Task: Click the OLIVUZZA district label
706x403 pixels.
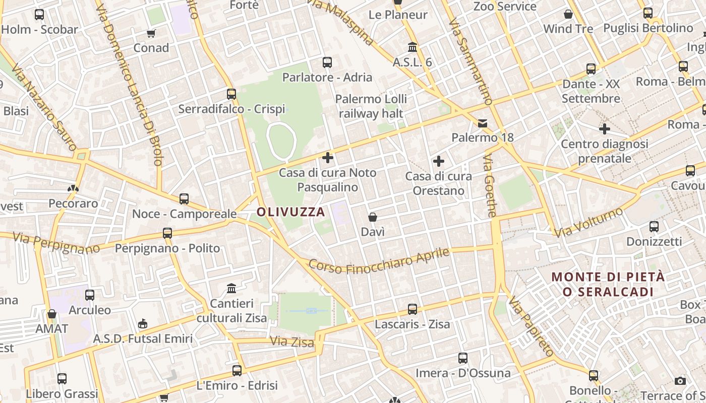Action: (x=291, y=212)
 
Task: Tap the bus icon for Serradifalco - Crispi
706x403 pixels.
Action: (x=231, y=94)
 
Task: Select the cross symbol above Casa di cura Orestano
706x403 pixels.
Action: (x=439, y=161)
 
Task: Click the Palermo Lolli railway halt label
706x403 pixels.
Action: (x=371, y=106)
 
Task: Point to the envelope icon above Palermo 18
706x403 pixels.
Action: (x=483, y=123)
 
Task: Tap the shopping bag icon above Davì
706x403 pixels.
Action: (x=373, y=217)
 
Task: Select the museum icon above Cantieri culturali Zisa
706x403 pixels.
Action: (x=231, y=289)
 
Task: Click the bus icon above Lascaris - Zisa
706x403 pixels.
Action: (x=413, y=309)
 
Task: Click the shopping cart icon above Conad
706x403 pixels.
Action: (x=151, y=34)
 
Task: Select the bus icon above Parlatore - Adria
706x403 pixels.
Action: (x=327, y=62)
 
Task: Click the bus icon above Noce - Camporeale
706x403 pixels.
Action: (x=184, y=199)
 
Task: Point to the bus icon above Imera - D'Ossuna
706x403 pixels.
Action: (x=463, y=358)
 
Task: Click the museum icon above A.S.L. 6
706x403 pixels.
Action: (x=413, y=47)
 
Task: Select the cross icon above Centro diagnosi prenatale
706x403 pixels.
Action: (x=605, y=129)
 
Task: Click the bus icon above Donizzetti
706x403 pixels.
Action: (x=654, y=227)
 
